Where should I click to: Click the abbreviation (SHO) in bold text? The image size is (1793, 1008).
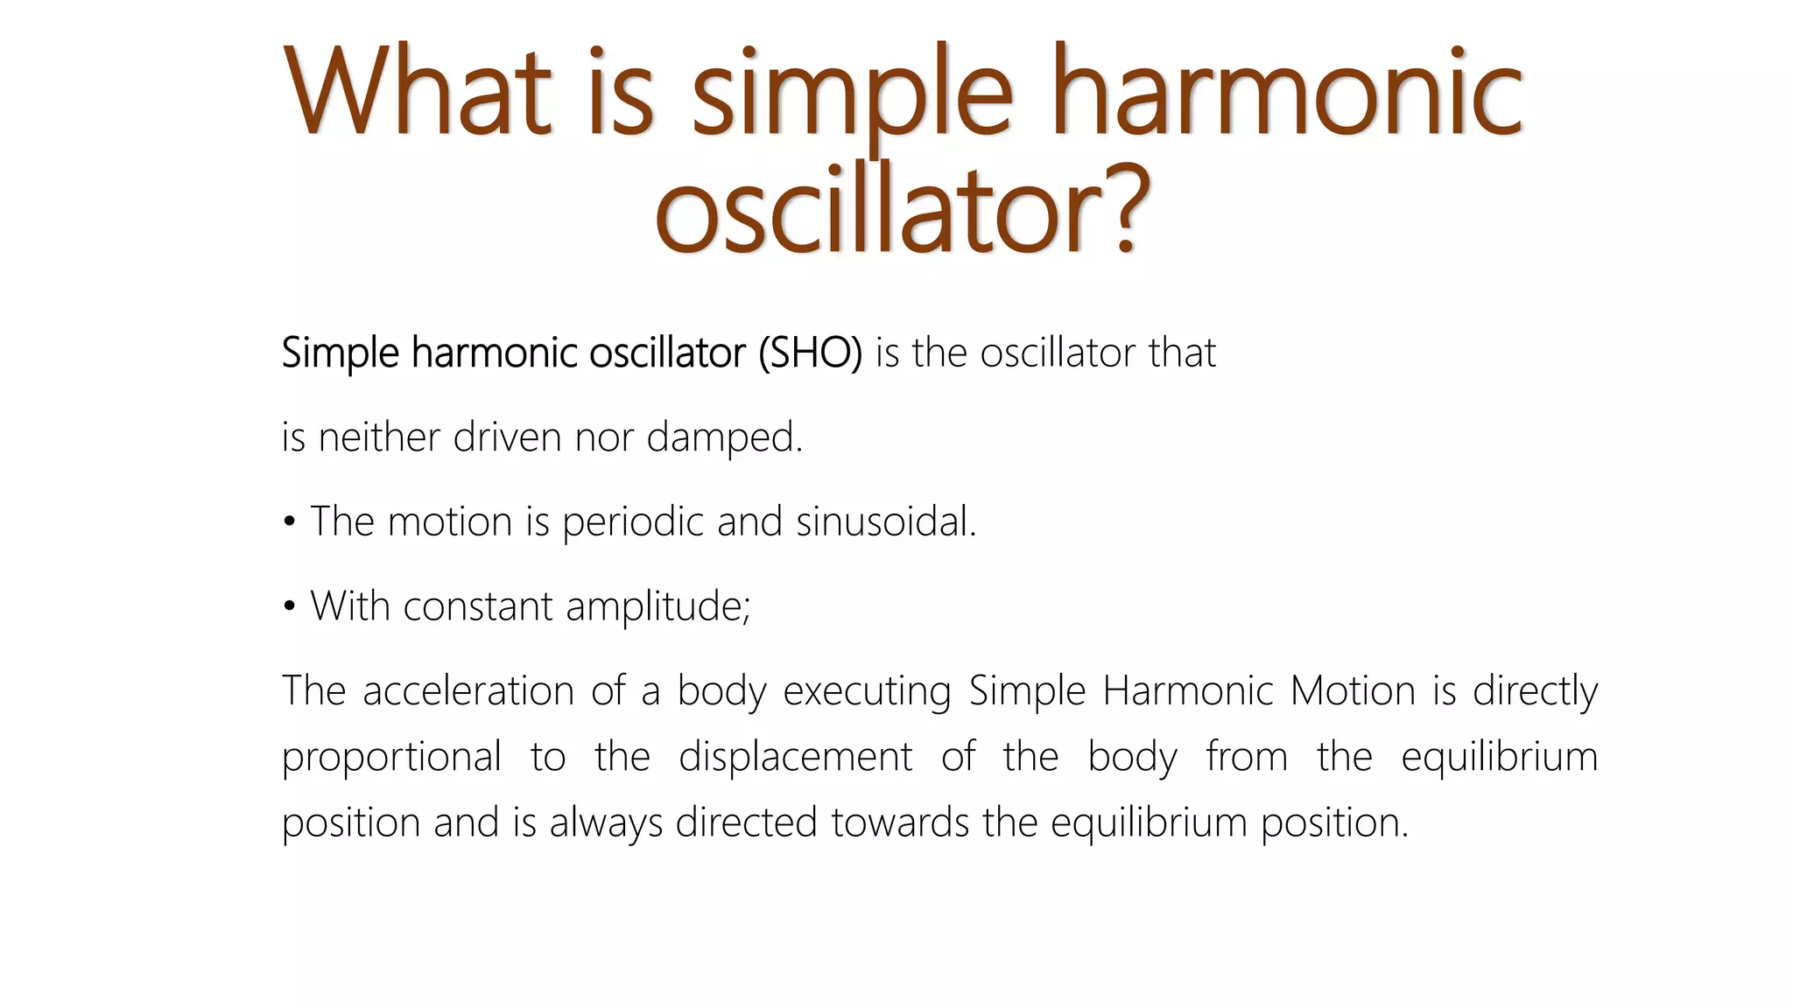coord(810,353)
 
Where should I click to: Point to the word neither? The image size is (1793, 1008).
coord(378,437)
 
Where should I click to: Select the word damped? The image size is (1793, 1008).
coord(723,437)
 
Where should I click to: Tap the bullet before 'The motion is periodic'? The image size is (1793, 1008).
coord(290,523)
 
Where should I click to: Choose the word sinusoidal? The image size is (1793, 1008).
coord(885,522)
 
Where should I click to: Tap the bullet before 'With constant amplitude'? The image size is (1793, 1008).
coord(290,607)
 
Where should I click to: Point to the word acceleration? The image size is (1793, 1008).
coord(468,690)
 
